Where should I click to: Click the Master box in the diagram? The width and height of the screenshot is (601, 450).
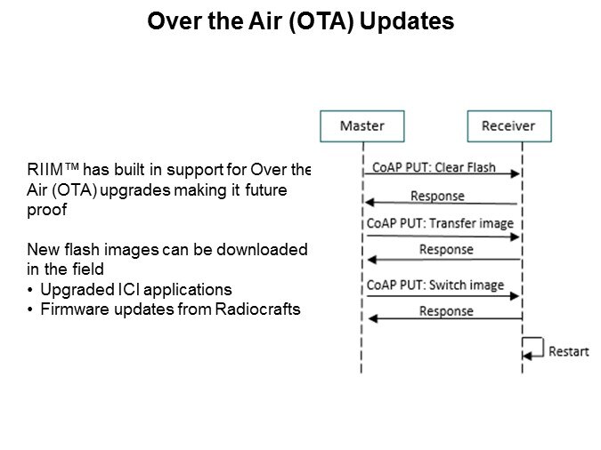362,126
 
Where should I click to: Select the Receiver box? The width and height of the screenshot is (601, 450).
509,126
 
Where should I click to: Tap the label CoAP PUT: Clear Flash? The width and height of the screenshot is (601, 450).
434,167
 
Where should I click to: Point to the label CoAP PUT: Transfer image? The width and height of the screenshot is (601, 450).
440,223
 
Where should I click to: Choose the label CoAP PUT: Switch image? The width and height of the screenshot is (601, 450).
435,285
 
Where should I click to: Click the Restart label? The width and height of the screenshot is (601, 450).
569,351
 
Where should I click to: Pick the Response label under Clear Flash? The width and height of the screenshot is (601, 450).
438,196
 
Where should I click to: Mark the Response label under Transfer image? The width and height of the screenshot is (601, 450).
446,250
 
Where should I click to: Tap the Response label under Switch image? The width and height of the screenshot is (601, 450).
446,311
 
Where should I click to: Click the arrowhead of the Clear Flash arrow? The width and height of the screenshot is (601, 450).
516,174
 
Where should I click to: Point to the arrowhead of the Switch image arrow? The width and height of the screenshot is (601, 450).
515,296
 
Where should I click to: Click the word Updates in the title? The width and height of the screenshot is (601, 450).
407,21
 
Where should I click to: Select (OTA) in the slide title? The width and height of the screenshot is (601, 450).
321,21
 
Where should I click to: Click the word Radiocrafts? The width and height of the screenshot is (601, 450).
257,309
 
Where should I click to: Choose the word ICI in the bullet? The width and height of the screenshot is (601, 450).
126,290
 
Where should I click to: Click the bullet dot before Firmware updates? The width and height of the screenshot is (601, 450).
30,309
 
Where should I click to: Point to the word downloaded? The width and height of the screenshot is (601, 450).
262,250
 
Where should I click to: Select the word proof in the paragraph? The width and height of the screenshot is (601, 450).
47,211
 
